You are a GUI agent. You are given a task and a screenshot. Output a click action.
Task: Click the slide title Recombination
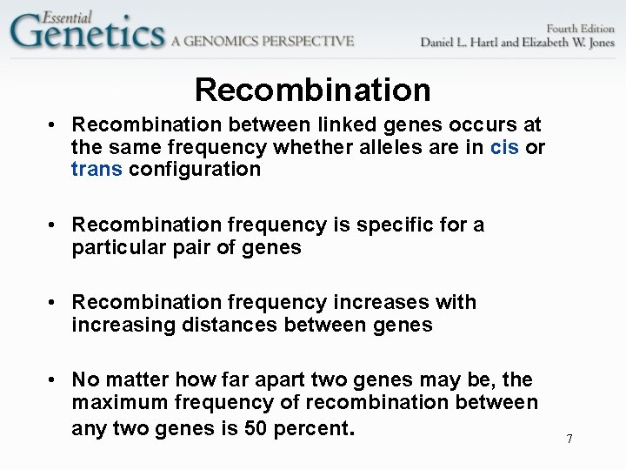tap(312, 90)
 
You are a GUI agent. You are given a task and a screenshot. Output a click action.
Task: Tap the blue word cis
tap(504, 147)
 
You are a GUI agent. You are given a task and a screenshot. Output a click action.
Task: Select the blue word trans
tap(97, 169)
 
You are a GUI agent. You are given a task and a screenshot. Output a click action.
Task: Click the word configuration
tap(195, 169)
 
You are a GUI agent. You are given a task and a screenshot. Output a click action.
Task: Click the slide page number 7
tap(569, 439)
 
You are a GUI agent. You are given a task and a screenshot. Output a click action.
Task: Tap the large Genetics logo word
tap(87, 33)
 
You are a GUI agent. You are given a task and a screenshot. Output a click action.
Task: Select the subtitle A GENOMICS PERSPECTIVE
tap(263, 40)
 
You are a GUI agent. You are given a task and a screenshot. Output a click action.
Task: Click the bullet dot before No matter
tap(54, 380)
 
